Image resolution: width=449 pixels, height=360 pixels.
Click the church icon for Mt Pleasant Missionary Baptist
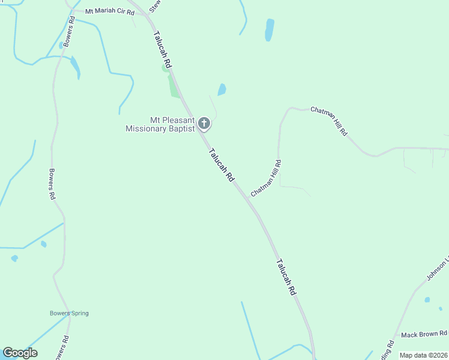tap(204, 124)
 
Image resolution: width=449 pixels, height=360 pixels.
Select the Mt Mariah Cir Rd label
tap(109, 11)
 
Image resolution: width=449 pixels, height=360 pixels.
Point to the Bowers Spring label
tap(69, 313)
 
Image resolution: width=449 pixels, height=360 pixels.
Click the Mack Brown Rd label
tap(424, 334)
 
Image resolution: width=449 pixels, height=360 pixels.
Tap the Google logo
tap(20, 353)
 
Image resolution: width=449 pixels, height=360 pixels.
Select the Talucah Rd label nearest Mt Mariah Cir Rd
tap(163, 49)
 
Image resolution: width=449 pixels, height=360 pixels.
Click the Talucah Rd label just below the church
tap(221, 165)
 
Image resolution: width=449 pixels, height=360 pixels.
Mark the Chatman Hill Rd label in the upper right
tap(328, 121)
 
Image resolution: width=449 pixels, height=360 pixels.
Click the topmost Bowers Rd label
tap(69, 31)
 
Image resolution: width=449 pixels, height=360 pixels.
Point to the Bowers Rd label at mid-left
tap(52, 184)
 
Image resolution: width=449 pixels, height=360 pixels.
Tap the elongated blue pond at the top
tap(270, 29)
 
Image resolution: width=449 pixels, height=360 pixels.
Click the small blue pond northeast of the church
tap(222, 89)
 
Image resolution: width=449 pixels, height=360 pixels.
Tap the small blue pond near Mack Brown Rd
tap(427, 299)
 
